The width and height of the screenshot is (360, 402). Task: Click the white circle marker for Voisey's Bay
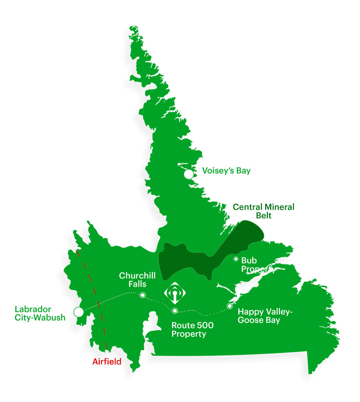189,174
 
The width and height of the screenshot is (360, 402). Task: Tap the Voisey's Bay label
226,171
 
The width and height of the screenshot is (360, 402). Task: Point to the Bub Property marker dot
236,259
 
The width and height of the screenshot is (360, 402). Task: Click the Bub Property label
258,265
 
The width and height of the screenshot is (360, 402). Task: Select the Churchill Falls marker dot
143,295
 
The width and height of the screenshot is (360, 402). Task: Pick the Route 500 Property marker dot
175,311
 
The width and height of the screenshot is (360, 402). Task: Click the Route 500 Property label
189,330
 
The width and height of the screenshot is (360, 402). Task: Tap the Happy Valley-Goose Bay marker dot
230,306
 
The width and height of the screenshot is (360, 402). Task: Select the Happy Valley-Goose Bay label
265,316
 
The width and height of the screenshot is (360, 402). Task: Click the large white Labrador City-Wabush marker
79,312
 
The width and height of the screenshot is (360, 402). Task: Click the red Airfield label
107,362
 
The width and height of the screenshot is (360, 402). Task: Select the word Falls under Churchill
137,284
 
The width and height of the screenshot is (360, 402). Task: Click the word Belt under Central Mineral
264,216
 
